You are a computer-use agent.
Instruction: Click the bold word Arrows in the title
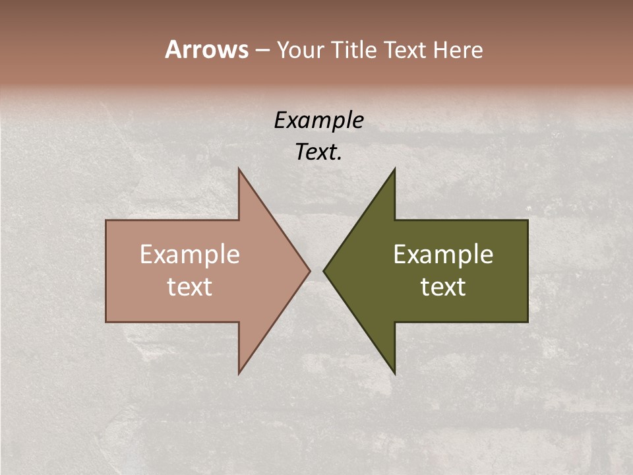coord(206,49)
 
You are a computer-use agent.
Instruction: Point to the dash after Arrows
coord(262,50)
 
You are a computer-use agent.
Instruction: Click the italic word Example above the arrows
coord(319,121)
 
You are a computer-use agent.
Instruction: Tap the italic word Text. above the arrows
coord(319,152)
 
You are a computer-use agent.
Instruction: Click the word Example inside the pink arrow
coord(190,255)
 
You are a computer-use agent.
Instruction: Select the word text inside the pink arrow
coord(190,286)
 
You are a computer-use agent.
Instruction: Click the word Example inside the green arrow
coord(443,255)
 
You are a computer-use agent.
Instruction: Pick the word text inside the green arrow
coord(443,286)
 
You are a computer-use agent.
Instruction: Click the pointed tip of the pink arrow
coord(309,270)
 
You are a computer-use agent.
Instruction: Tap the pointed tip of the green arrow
coord(324,270)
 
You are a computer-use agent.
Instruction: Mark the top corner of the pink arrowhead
coord(239,169)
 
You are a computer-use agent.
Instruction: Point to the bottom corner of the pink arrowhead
coord(239,373)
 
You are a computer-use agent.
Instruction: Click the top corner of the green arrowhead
coord(394,169)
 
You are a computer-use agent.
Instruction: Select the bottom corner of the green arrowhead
coord(394,373)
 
